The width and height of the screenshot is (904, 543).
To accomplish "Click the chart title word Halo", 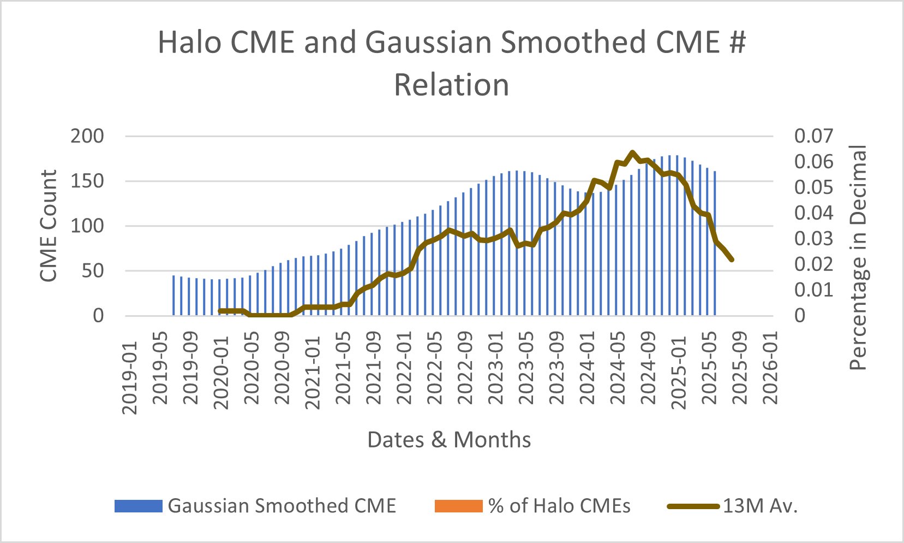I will click(189, 43).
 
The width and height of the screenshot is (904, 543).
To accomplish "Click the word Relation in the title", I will click(452, 85).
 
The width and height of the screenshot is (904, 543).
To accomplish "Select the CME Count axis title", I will click(49, 226).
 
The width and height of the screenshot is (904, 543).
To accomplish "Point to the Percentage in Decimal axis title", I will click(858, 258).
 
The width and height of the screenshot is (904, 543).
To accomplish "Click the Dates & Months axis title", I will click(449, 440).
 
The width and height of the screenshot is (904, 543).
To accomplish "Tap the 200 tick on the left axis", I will click(87, 136).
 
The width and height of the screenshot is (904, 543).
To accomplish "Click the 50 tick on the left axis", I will click(93, 271).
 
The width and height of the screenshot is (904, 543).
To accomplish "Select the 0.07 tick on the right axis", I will click(813, 136).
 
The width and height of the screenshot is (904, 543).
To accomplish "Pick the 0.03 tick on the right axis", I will click(813, 238).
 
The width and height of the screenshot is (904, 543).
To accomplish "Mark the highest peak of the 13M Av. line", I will click(632, 152).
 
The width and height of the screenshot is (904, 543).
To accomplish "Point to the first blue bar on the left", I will click(173, 296).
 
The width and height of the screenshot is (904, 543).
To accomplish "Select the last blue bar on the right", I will click(715, 243).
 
